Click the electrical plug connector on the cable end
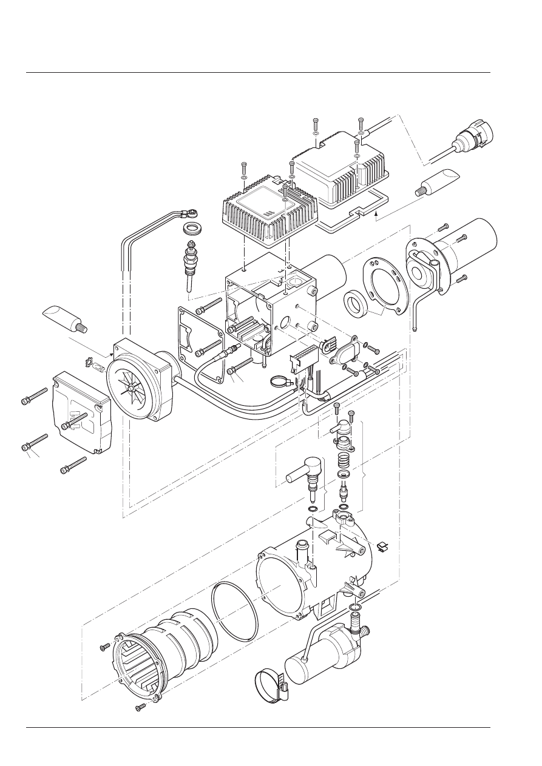point(476,137)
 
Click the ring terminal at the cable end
point(192,213)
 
